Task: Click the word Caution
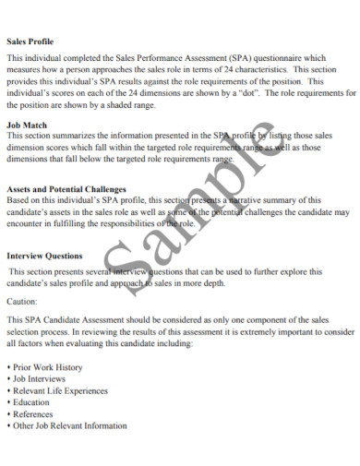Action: tap(22, 301)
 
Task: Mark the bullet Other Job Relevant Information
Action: tap(68, 426)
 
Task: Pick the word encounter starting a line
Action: tap(25, 222)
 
